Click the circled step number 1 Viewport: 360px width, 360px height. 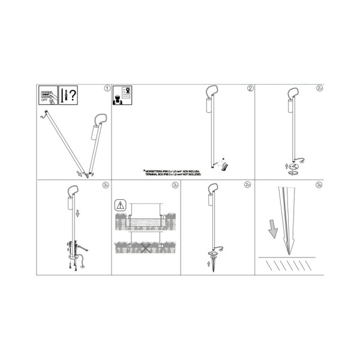[107, 88]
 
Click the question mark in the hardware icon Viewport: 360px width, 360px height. [73, 95]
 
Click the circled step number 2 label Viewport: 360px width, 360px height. [250, 88]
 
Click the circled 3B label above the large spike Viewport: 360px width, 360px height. [319, 186]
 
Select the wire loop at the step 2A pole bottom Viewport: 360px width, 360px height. [298, 160]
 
